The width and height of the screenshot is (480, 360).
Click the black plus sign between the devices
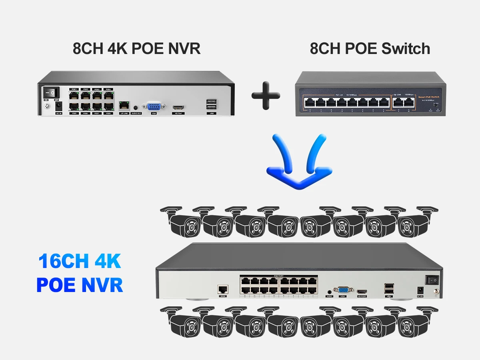266,95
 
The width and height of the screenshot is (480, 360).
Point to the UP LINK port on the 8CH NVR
124,106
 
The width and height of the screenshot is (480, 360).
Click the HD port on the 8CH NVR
178,107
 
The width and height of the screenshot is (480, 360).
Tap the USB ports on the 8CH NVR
212,104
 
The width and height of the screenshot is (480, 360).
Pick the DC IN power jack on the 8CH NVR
59,106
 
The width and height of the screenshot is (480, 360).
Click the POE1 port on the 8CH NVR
74,96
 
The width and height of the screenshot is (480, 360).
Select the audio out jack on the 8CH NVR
136,107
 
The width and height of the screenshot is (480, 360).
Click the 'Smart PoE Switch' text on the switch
428,97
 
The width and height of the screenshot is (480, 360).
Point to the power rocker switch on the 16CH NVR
431,279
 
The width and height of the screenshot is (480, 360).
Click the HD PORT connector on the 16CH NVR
362,291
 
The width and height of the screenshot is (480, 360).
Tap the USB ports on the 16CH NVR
388,289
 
